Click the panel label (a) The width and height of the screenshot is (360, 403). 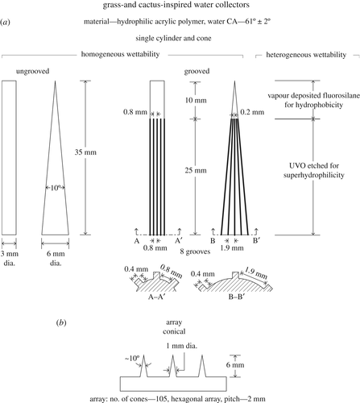point(6,22)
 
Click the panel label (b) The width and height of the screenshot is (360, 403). point(61,322)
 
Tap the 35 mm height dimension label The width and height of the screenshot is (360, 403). point(85,152)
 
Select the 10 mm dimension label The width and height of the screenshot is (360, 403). point(196,101)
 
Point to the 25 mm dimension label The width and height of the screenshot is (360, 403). point(196,170)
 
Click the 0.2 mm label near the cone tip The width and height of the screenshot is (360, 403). point(252,112)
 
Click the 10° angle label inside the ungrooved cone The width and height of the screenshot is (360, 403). point(55,188)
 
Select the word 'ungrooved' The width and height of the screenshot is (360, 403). point(33,71)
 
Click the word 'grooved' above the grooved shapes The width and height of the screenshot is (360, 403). point(197,71)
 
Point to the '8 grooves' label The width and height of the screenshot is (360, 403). point(195,251)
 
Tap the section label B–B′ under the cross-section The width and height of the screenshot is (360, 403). point(237,297)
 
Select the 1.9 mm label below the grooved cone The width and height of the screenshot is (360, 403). point(232,247)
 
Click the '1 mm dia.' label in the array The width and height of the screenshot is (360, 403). point(181,346)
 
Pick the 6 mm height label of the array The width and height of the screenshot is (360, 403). point(235,365)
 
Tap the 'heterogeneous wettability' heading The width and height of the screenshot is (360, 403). point(306,55)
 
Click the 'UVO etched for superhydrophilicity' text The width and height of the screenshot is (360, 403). point(314,170)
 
